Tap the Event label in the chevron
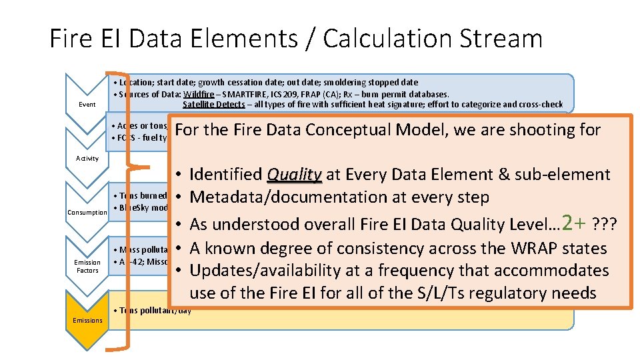[87, 105]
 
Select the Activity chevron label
[87, 158]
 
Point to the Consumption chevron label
[87, 213]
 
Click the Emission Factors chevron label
[87, 267]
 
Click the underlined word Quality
[294, 175]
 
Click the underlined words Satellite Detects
[210, 104]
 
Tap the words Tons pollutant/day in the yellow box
[153, 311]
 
